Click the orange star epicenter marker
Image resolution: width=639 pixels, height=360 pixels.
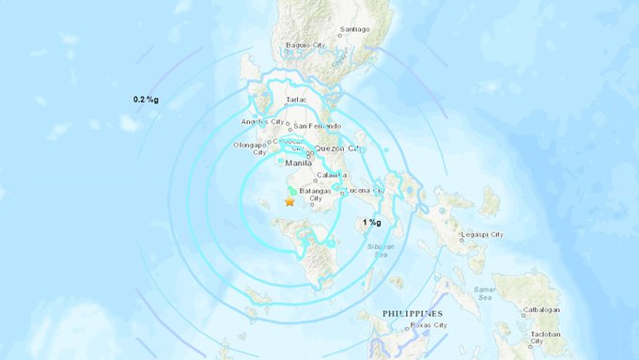289,201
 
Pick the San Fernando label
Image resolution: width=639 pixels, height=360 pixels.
316,126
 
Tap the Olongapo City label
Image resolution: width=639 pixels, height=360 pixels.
250,149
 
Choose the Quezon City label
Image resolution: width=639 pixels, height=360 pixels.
342,149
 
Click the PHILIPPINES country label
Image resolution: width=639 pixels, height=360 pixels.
413,313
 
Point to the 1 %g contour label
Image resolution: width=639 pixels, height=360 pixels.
372,223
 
